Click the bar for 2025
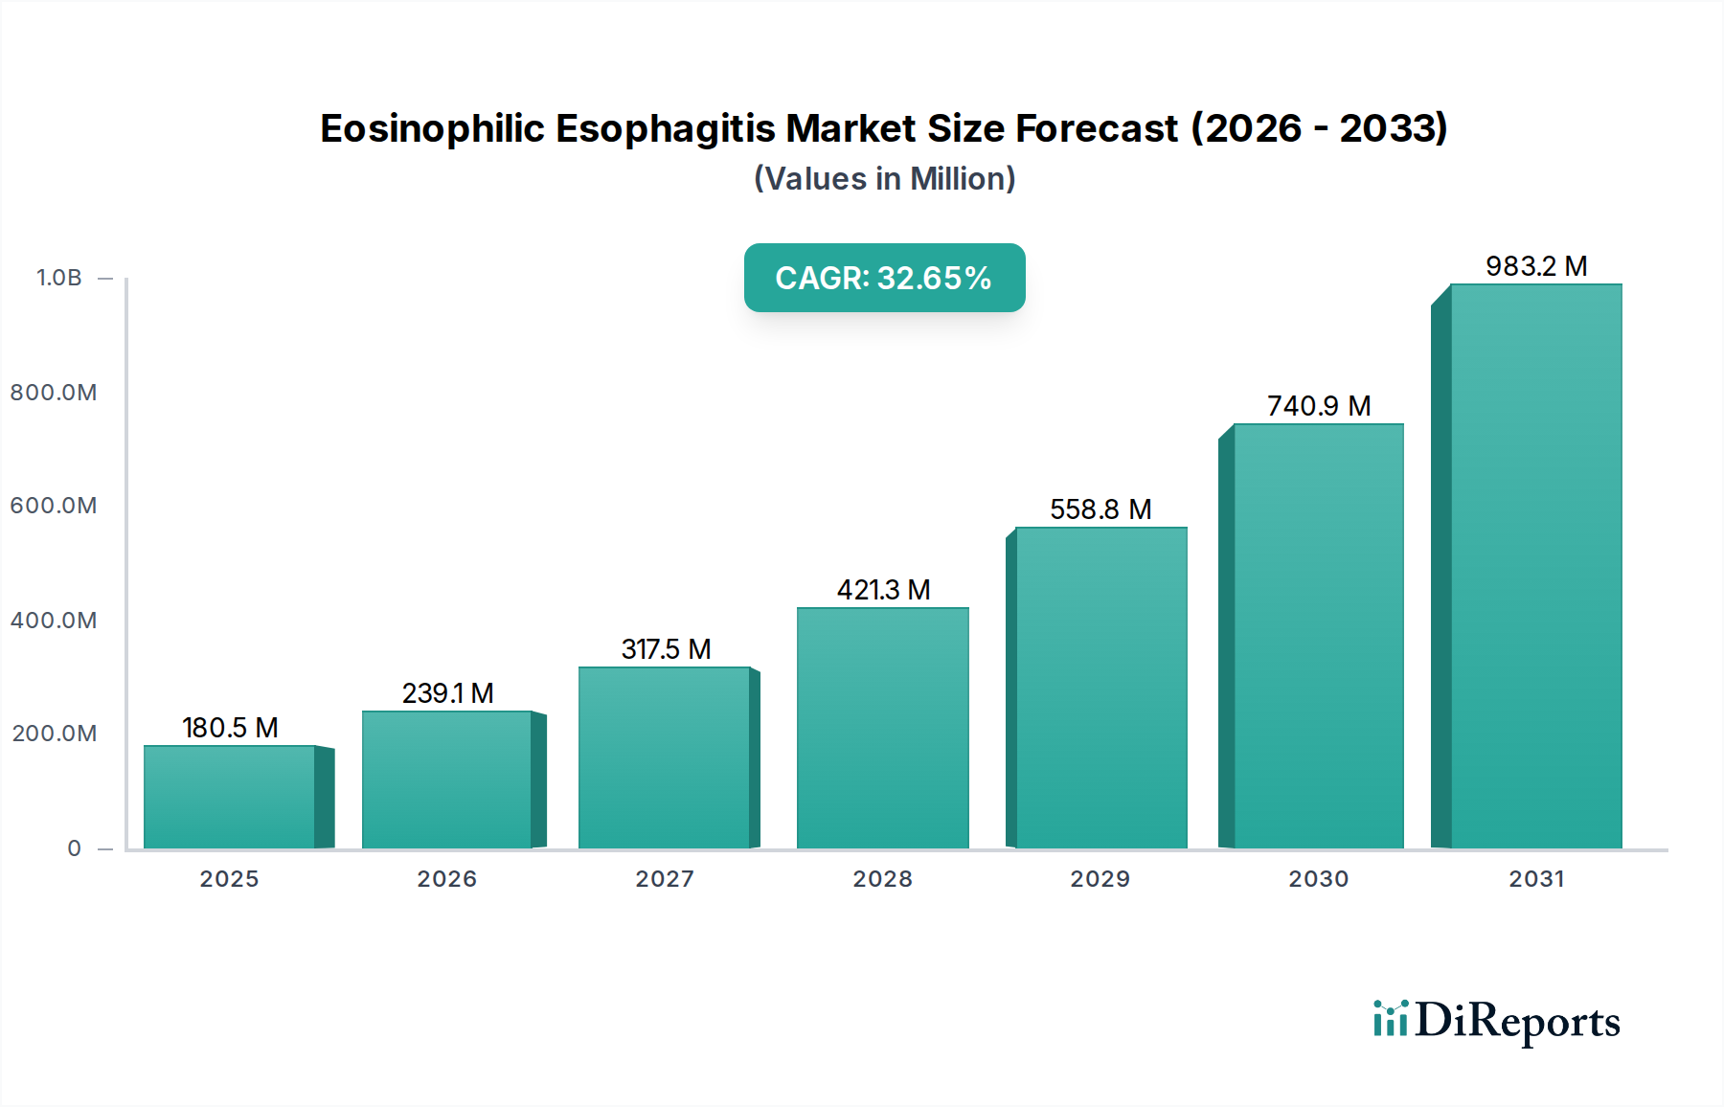[230, 797]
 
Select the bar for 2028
[882, 728]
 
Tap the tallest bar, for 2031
[1535, 565]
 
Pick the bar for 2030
[1318, 636]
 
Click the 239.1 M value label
[447, 693]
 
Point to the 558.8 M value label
[1100, 509]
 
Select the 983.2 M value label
[1536, 266]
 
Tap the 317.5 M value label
[666, 649]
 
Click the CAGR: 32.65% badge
[884, 278]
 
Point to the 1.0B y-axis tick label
[59, 278]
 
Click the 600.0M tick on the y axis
[54, 506]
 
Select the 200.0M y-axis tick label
[55, 734]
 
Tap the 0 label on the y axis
[75, 848]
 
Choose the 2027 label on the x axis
[665, 879]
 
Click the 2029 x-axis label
[1100, 879]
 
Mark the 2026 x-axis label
[446, 879]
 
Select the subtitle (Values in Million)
[884, 179]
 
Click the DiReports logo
[1496, 1021]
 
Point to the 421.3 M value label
[883, 590]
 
